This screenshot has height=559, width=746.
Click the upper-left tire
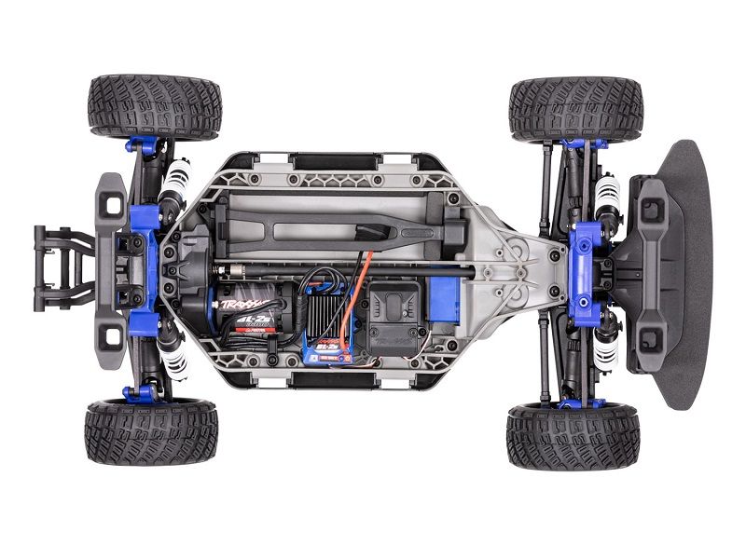pos(154,107)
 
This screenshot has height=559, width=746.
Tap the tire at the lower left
pos(150,432)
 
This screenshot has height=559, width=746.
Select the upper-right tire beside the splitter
pos(575,109)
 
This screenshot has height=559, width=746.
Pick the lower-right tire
pos(573,436)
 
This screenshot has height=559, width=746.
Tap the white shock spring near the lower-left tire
pos(171,353)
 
